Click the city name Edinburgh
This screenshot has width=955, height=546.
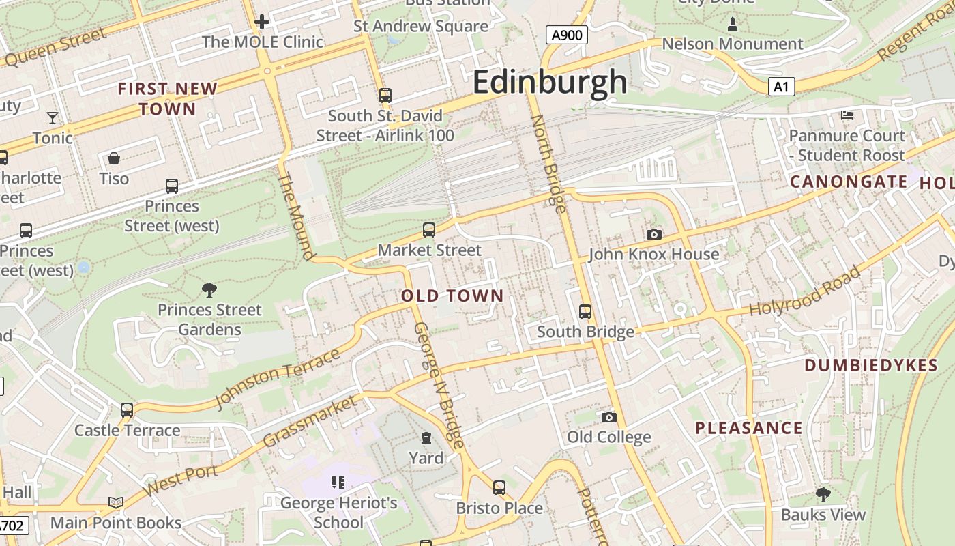coord(549,82)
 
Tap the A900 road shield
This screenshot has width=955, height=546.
coord(567,35)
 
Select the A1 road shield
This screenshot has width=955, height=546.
coord(781,87)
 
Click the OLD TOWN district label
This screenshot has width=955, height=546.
coord(452,296)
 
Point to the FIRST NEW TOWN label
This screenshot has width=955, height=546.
coord(168,99)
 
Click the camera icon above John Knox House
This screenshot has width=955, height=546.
coord(653,234)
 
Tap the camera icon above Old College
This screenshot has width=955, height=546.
coord(609,417)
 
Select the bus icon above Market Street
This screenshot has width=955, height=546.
coord(429,230)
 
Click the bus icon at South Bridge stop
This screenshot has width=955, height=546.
coord(585,312)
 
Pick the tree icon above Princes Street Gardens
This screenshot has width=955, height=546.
coord(209,290)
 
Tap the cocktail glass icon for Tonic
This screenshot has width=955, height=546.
coord(53,118)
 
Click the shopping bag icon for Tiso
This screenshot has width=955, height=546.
coord(114,159)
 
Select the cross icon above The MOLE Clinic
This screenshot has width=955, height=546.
coord(262,22)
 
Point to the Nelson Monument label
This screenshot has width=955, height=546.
coord(733,44)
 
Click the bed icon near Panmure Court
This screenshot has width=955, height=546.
coord(847,115)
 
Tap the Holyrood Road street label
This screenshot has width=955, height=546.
coord(805,291)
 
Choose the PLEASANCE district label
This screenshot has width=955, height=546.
coord(749,429)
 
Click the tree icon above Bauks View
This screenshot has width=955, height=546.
coord(823,494)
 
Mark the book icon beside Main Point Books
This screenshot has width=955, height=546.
coord(116,503)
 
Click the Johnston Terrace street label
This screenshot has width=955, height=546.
coord(278,379)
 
